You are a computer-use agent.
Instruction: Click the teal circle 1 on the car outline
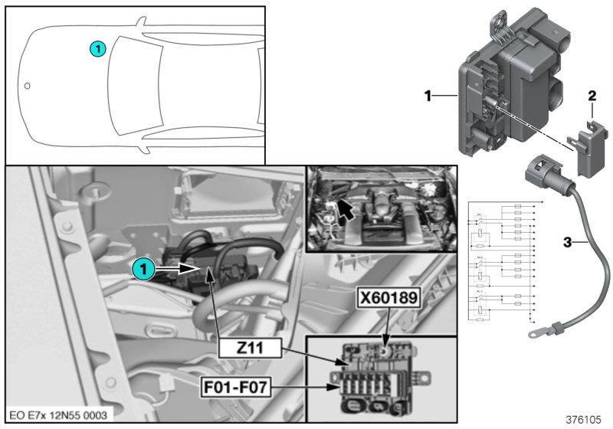(x=97, y=48)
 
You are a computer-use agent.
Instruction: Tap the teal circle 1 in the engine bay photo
(x=141, y=269)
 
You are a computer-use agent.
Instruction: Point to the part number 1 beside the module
(x=430, y=97)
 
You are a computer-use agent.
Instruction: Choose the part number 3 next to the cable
(x=567, y=243)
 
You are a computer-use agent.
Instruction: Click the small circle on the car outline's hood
(x=28, y=86)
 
